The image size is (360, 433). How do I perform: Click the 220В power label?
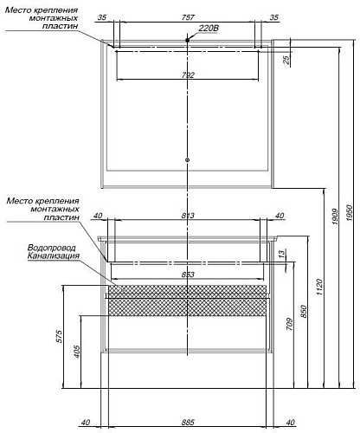(x=209, y=28)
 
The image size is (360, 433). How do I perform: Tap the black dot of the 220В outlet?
(x=188, y=40)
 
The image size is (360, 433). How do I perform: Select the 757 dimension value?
(x=188, y=17)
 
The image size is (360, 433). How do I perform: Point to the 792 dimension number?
(x=188, y=75)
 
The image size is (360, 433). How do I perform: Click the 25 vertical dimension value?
(x=286, y=60)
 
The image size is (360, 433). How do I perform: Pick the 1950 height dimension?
(x=350, y=213)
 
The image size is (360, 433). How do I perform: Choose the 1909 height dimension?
(x=335, y=216)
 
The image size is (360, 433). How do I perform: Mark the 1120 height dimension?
(x=319, y=287)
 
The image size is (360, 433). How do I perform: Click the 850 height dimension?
(x=304, y=311)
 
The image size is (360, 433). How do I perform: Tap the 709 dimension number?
(x=290, y=324)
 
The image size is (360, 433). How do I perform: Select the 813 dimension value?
(x=188, y=216)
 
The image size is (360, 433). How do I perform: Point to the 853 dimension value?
(x=188, y=275)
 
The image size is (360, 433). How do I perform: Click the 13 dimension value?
(x=282, y=254)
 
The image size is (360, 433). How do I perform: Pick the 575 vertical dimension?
(x=59, y=336)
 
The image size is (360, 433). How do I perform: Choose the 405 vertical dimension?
(x=76, y=352)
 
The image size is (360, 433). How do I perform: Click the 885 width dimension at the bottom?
(x=188, y=422)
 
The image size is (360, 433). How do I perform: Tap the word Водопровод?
(x=52, y=248)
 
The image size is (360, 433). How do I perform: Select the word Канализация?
(x=54, y=255)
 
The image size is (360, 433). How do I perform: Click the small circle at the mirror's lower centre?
(x=188, y=159)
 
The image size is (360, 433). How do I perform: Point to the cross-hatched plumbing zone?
(x=187, y=301)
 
